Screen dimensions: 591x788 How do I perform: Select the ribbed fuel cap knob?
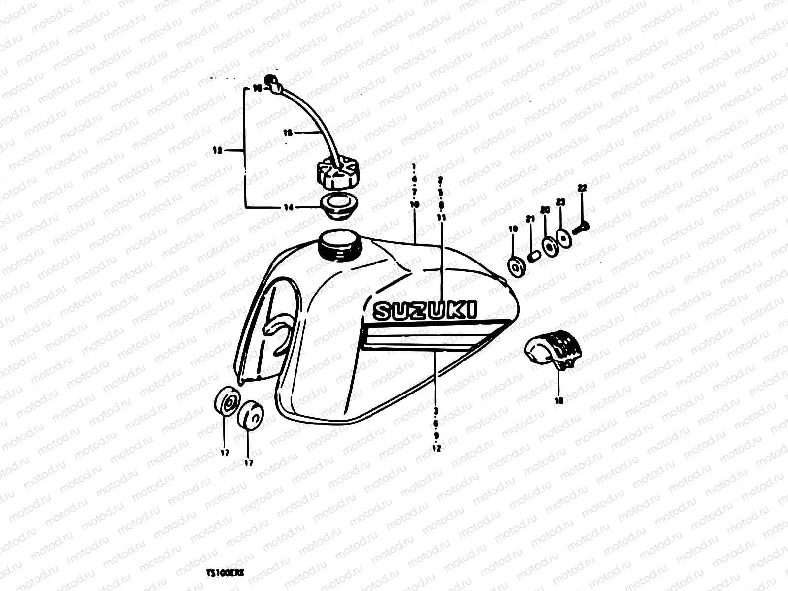click(x=338, y=175)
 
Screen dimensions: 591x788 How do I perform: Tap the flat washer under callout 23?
click(x=564, y=236)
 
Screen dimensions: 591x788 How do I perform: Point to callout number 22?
click(x=583, y=188)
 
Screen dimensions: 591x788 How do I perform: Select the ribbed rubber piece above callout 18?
click(x=554, y=349)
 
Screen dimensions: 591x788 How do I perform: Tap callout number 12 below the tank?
click(x=436, y=448)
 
